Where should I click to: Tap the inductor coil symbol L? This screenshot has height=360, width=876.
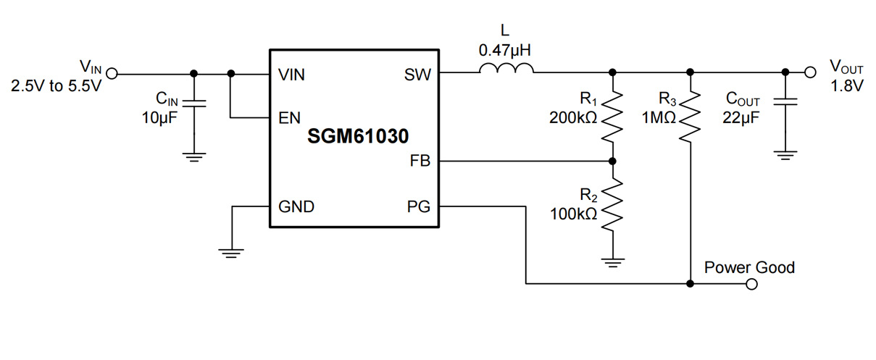(506, 70)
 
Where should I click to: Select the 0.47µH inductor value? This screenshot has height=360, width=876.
(506, 51)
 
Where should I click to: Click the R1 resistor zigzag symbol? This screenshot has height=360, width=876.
(613, 116)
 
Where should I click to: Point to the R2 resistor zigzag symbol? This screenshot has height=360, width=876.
(613, 205)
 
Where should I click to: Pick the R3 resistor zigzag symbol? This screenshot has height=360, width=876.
(690, 116)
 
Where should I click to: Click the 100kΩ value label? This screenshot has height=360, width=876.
(573, 214)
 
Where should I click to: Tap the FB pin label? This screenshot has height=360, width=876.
(420, 162)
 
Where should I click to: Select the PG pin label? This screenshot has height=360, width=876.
(419, 207)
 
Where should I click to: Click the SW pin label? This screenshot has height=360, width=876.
(417, 75)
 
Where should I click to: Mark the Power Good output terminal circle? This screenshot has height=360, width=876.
(751, 284)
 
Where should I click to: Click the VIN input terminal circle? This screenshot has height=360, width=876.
(112, 73)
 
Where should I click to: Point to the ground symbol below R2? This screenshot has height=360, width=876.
(613, 262)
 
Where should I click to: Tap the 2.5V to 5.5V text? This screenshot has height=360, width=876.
(56, 86)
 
